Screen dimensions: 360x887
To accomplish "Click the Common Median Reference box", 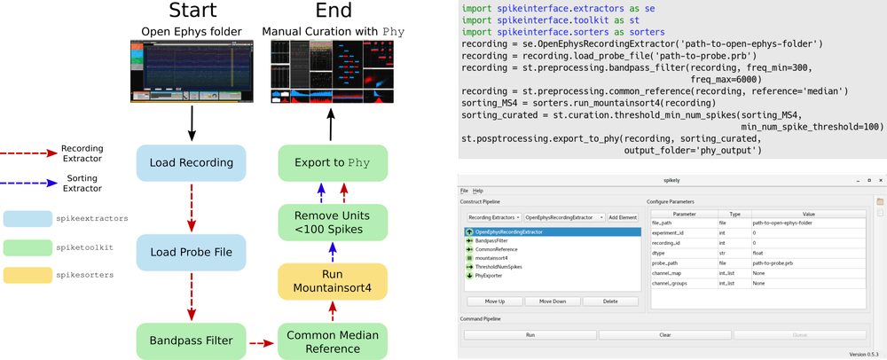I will [333, 340].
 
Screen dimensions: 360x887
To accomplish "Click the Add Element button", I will [622, 217].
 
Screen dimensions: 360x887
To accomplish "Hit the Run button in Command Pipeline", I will [530, 335].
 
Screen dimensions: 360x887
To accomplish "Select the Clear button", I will [663, 335].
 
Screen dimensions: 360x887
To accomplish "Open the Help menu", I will [478, 191].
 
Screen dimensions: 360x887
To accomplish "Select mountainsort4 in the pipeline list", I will [492, 258].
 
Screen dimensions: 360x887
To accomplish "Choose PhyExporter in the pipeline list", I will [491, 276].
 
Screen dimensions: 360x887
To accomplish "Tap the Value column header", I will [808, 214].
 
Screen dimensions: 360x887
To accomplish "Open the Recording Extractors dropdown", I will [492, 217].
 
